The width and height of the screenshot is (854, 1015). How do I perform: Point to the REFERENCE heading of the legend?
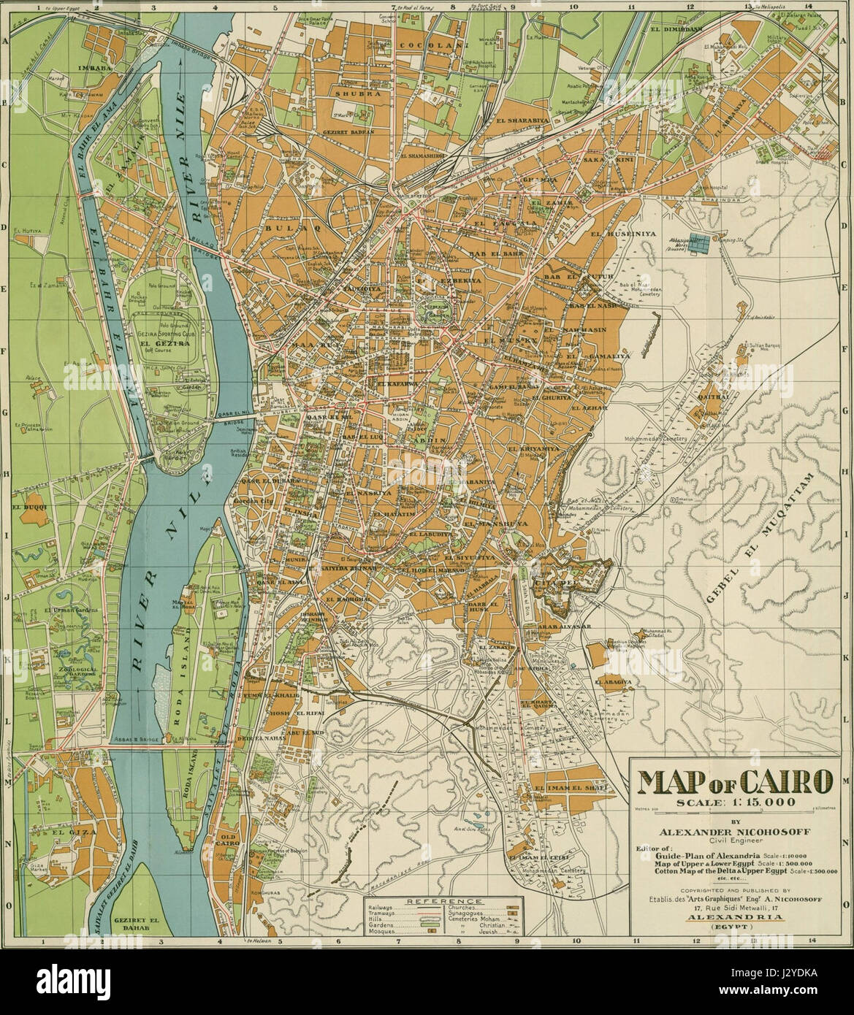(440, 902)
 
